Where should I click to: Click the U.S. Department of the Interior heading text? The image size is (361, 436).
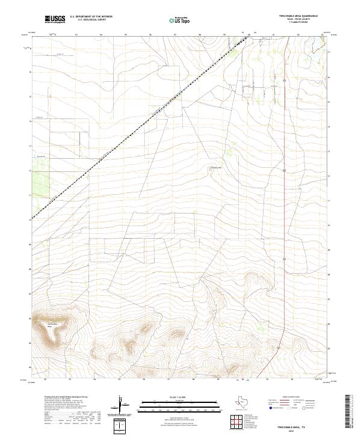tap(91, 17)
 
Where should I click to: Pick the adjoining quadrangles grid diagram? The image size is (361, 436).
tap(239, 419)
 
